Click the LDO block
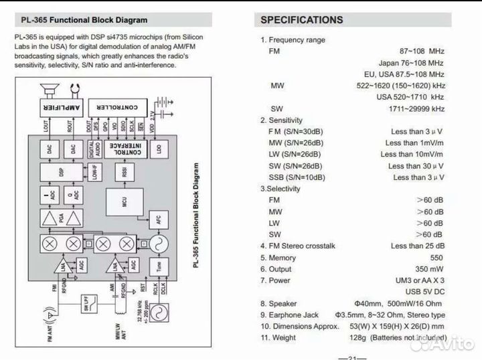pos(159,149)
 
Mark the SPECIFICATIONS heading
pos(301,20)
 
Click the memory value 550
pos(436,258)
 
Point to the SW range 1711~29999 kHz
pos(416,108)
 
